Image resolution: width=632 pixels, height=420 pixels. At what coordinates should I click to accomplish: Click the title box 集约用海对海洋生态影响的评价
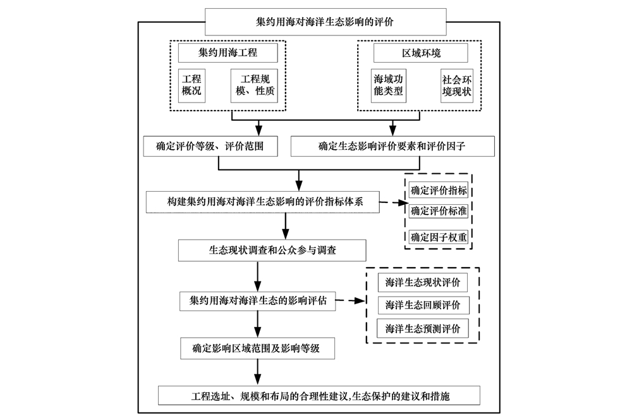[x=325, y=22]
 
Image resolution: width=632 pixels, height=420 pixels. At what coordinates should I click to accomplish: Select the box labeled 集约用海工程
[x=228, y=52]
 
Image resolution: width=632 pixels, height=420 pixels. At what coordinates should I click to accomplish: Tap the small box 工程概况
[x=191, y=85]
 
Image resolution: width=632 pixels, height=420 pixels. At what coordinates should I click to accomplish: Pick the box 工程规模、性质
[x=254, y=85]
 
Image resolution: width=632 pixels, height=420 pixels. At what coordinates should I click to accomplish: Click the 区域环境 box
[x=421, y=53]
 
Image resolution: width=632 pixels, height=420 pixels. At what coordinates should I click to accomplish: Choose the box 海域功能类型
[x=388, y=85]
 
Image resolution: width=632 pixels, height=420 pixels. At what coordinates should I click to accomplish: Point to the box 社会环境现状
[x=457, y=85]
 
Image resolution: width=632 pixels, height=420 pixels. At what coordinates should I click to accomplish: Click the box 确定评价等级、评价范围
[x=210, y=146]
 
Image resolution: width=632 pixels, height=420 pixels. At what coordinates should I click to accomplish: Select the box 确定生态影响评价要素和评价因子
[x=392, y=146]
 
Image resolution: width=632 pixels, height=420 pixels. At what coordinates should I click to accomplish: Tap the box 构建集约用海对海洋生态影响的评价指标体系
[x=263, y=202]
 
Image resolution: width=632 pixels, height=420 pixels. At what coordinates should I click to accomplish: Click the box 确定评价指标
[x=439, y=190]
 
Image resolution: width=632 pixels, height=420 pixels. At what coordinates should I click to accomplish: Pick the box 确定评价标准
[x=439, y=211]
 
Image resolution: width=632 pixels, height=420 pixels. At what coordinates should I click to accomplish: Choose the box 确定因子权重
[x=439, y=237]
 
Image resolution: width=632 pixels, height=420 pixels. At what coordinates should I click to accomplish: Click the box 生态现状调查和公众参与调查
[x=272, y=250]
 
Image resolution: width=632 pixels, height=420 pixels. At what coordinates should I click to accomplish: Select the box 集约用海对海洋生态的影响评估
[x=258, y=301]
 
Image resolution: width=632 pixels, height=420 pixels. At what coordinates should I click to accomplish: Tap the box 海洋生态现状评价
[x=422, y=282]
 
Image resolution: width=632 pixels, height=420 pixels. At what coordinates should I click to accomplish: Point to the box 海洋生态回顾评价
[x=423, y=305]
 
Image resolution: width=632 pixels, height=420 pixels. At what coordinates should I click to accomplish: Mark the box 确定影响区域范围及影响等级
[x=258, y=348]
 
